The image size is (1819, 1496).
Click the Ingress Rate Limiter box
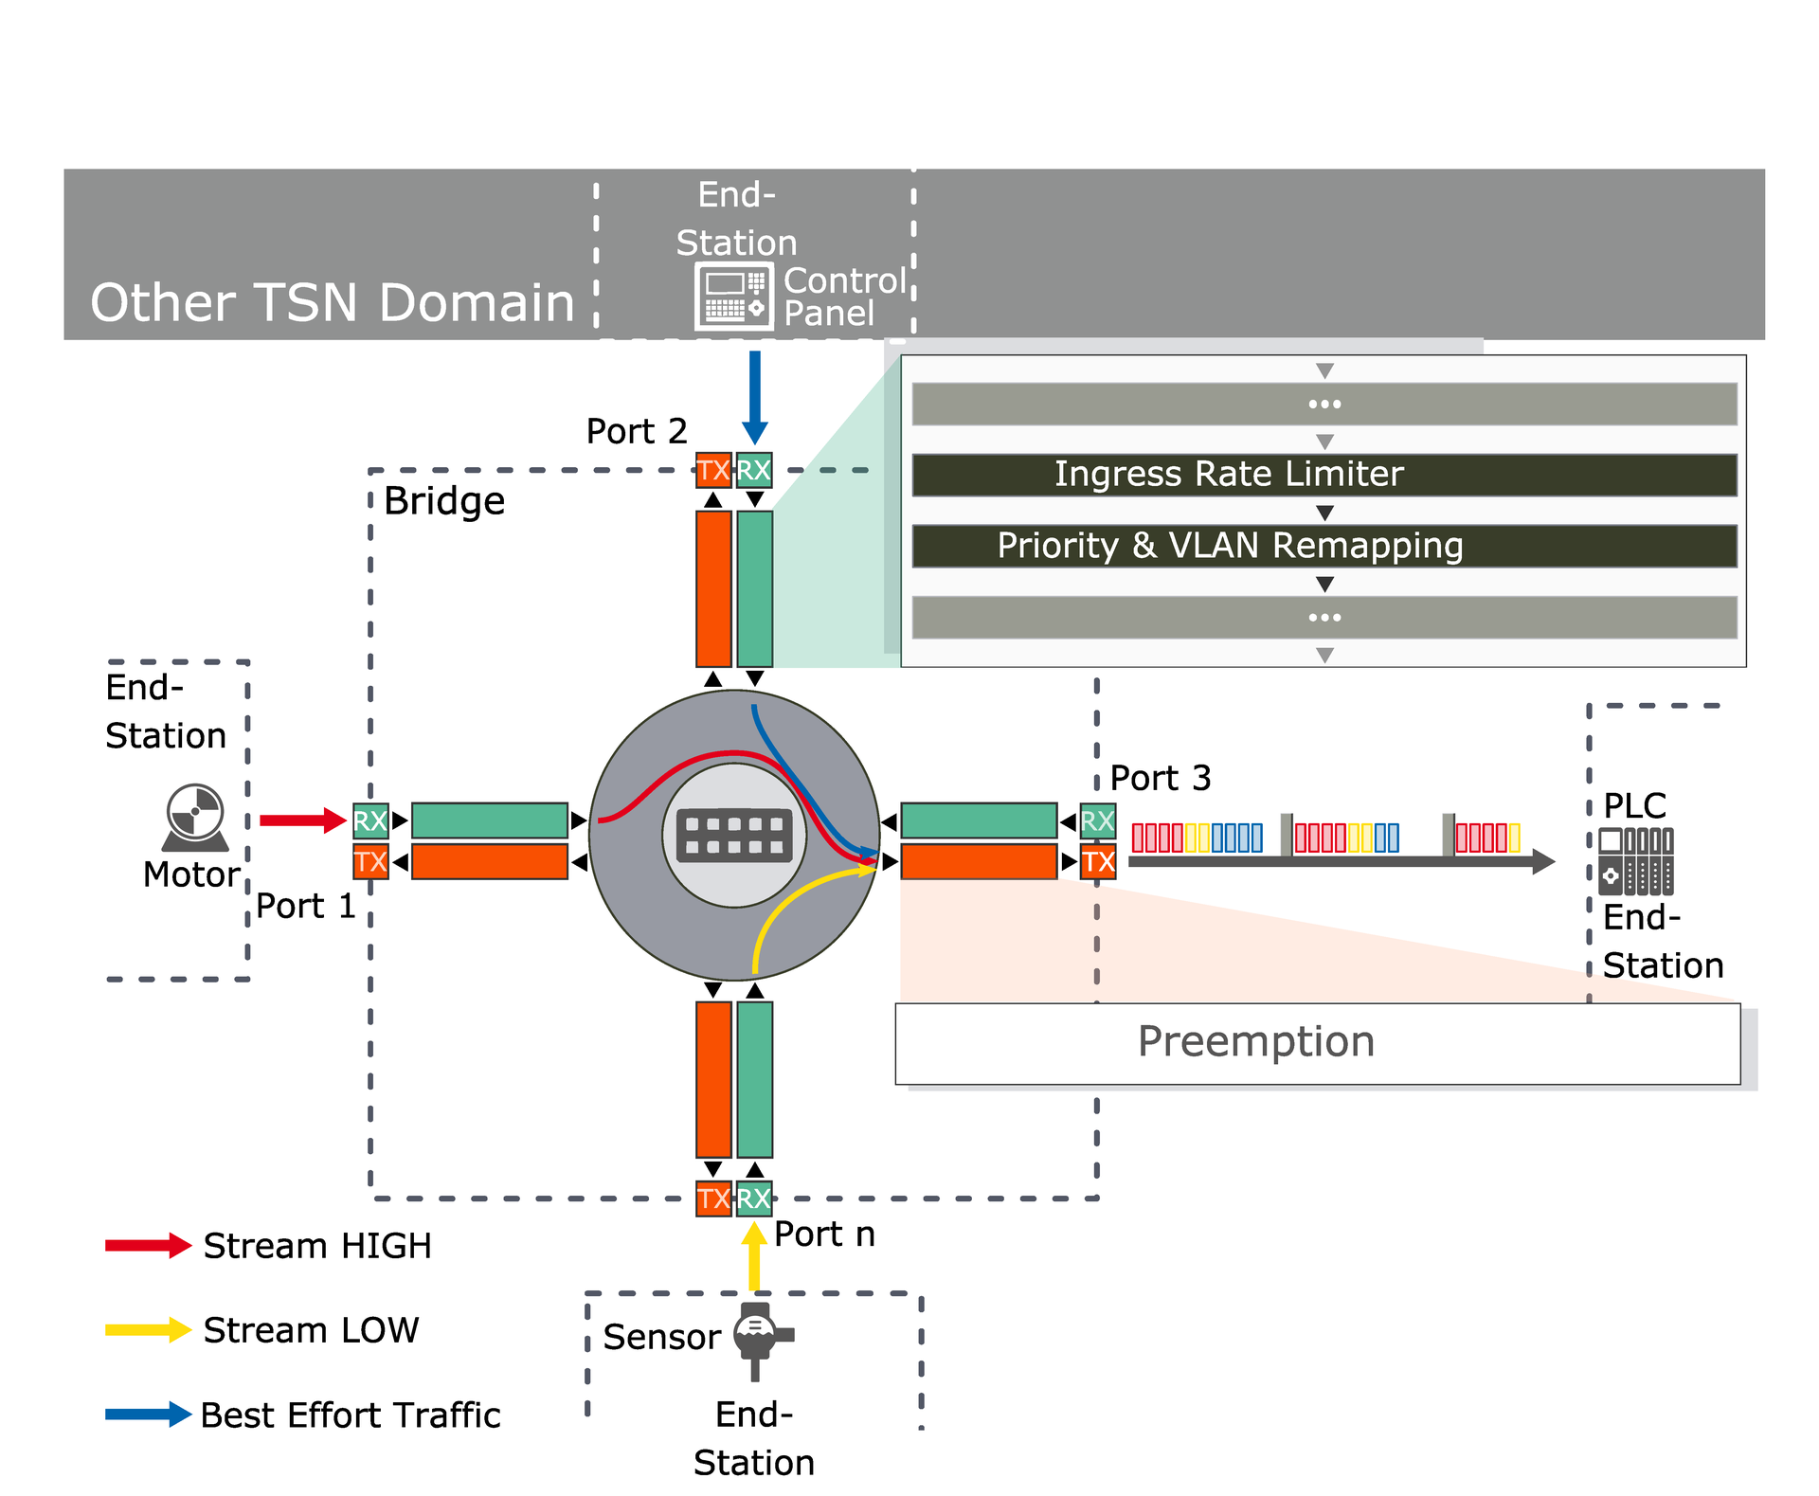pyautogui.click(x=1324, y=475)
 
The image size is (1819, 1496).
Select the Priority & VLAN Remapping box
pyautogui.click(x=1324, y=547)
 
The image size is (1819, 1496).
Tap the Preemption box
pyautogui.click(x=1317, y=1043)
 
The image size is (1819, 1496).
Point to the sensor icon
pyautogui.click(x=758, y=1339)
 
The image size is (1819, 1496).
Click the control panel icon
pyautogui.click(x=733, y=297)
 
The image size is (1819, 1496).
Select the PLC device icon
pyautogui.click(x=1636, y=861)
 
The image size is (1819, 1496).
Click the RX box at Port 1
pyautogui.click(x=370, y=820)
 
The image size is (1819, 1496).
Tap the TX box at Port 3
pyautogui.click(x=1098, y=862)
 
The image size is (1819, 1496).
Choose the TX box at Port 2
pyautogui.click(x=713, y=470)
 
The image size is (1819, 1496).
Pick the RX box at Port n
pyautogui.click(x=754, y=1199)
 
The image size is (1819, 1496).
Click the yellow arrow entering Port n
pyautogui.click(x=754, y=1255)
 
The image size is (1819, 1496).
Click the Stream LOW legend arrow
pyautogui.click(x=148, y=1329)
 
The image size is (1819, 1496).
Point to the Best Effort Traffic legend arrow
pyautogui.click(x=148, y=1415)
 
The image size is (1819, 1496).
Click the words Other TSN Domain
pyautogui.click(x=332, y=303)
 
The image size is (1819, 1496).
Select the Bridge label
pyautogui.click(x=443, y=501)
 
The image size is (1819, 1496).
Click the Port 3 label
pyautogui.click(x=1160, y=778)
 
